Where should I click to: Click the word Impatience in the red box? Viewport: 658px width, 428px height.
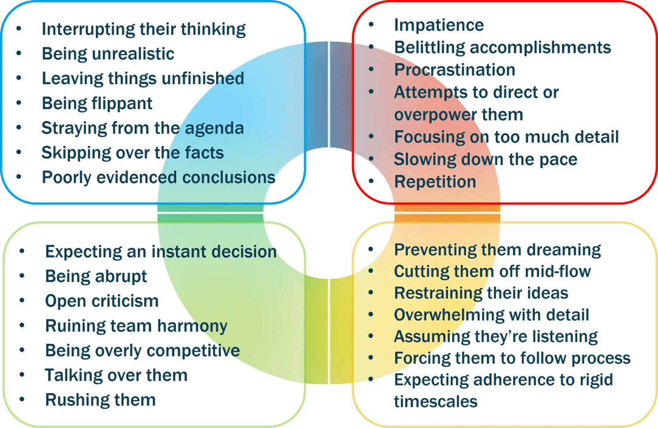pos(438,25)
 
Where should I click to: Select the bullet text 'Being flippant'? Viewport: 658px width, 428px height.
pos(97,104)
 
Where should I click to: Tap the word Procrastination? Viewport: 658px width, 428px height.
pos(455,70)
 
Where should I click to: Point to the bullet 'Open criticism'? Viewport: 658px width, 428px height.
pos(101,301)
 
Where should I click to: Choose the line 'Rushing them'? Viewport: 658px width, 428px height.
pos(100,400)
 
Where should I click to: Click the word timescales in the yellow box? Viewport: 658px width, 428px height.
pos(436,401)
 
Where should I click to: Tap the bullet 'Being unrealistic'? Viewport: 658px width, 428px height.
pos(108,54)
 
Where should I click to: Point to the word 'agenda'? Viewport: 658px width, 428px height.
pos(214,129)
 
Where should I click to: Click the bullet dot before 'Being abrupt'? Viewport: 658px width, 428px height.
pos(22,276)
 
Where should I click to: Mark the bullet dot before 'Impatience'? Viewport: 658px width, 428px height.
pos(371,25)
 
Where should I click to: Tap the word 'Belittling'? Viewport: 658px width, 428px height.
pos(429,48)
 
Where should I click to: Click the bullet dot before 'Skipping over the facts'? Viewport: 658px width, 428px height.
pos(19,153)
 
